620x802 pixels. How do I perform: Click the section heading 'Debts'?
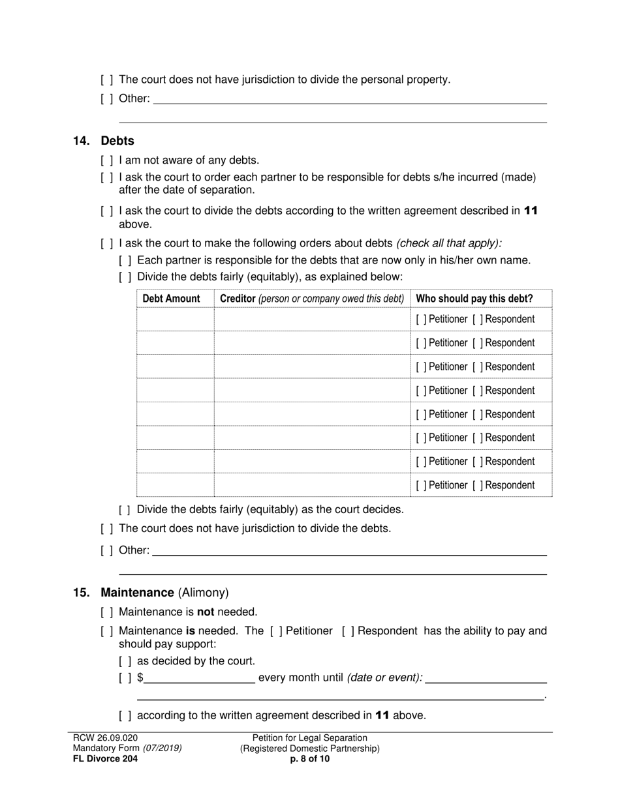[x=117, y=141]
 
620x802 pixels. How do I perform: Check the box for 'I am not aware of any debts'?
[x=107, y=160]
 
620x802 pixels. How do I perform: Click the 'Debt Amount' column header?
[x=171, y=299]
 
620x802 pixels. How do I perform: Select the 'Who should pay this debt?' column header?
[x=474, y=299]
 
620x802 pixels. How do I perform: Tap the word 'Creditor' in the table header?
[x=238, y=299]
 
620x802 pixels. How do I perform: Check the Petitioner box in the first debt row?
[x=421, y=319]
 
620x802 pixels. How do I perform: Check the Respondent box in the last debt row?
[x=478, y=485]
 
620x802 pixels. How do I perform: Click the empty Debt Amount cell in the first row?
[x=175, y=319]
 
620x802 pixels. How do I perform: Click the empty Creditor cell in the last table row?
[x=311, y=485]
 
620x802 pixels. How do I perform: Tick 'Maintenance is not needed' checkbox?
[x=107, y=612]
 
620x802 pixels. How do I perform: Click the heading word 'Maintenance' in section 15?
[x=137, y=593]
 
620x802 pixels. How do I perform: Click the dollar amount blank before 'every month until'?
[x=199, y=677]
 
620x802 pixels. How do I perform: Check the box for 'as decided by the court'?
[x=125, y=661]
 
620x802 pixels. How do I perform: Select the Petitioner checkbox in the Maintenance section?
[x=277, y=631]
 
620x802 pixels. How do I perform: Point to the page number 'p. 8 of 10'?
[x=310, y=759]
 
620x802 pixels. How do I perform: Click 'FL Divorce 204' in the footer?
[x=105, y=759]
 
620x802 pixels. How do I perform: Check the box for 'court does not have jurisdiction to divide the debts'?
[x=107, y=529]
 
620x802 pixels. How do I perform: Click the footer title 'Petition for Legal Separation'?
[x=310, y=738]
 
